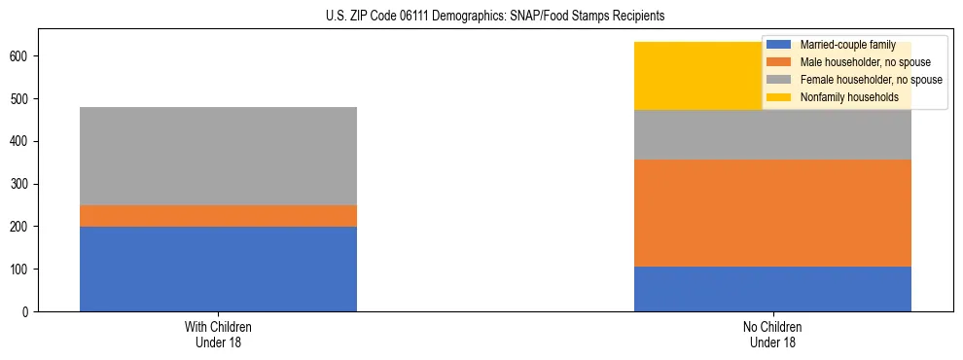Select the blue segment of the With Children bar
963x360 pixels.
click(218, 269)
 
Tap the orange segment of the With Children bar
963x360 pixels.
click(218, 216)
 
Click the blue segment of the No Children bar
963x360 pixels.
click(772, 289)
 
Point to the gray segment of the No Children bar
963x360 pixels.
click(772, 135)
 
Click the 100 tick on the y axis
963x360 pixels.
click(19, 269)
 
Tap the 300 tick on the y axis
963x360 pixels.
click(19, 184)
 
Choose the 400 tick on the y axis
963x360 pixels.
click(19, 141)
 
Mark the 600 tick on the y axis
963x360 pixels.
click(19, 56)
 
